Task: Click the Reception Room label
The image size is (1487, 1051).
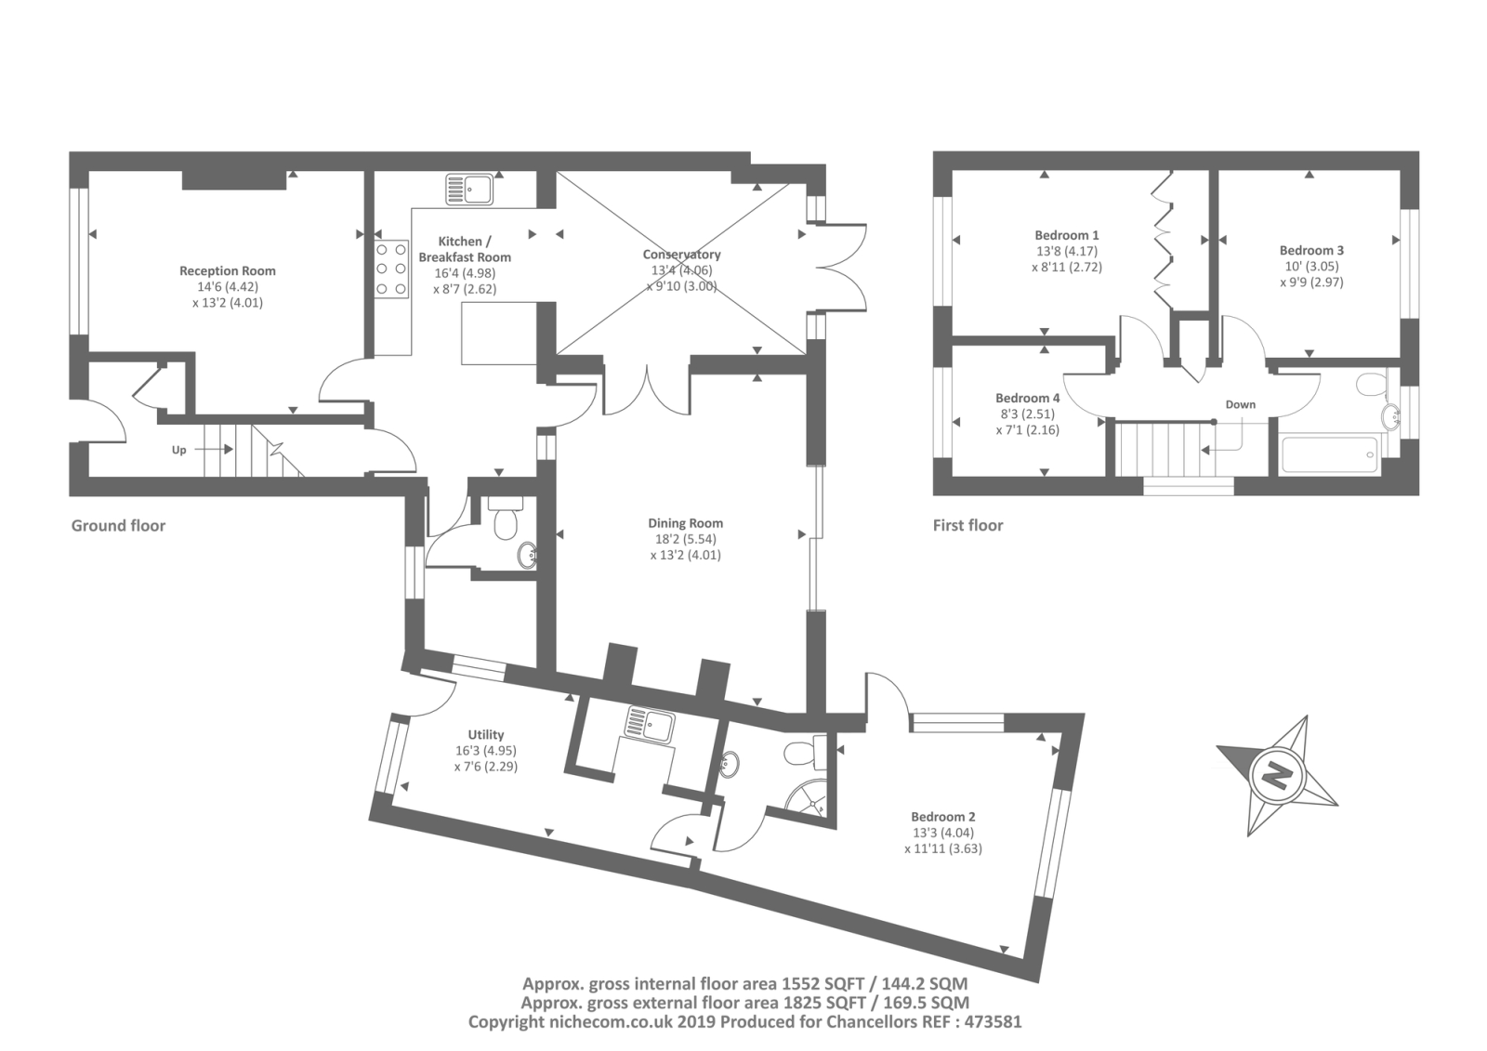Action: point(227,271)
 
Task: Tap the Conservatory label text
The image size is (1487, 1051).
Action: point(681,255)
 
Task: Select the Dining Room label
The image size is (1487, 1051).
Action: point(685,523)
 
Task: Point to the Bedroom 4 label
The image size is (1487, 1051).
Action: point(1027,399)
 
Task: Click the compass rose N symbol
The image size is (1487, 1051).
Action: point(1276,776)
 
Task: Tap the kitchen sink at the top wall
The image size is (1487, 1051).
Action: point(469,189)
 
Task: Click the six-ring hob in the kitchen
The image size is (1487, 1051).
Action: point(391,269)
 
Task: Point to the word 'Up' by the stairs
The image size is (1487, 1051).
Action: point(179,450)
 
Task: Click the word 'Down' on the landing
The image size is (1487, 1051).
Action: point(1240,404)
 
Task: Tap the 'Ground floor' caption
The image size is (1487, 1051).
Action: point(118,526)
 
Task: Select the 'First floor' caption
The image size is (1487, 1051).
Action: point(967,526)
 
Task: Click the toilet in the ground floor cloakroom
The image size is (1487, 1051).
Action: point(506,518)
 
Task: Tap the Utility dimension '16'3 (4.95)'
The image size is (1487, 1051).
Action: point(486,751)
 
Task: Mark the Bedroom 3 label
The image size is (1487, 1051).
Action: point(1311,250)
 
